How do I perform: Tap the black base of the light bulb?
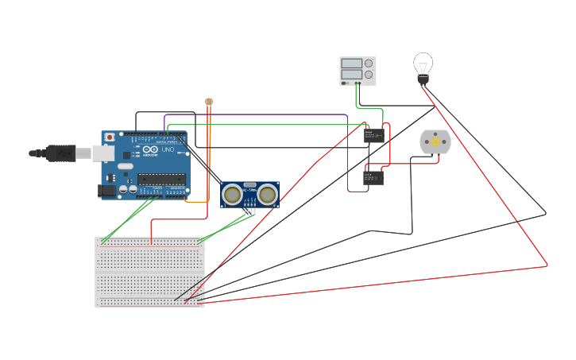click(x=423, y=79)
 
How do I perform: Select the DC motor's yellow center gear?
click(x=435, y=141)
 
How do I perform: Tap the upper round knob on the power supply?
click(x=369, y=64)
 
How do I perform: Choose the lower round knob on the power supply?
click(x=369, y=75)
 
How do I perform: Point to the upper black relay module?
click(x=373, y=136)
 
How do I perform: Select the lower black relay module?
click(x=373, y=178)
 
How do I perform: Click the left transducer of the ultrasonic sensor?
click(x=233, y=193)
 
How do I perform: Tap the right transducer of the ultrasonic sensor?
click(x=268, y=193)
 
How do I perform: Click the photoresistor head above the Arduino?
click(x=209, y=102)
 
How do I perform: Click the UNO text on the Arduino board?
click(x=168, y=149)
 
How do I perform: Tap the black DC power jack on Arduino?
click(x=106, y=191)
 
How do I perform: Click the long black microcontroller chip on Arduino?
click(x=161, y=179)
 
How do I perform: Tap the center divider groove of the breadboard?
click(x=149, y=272)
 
